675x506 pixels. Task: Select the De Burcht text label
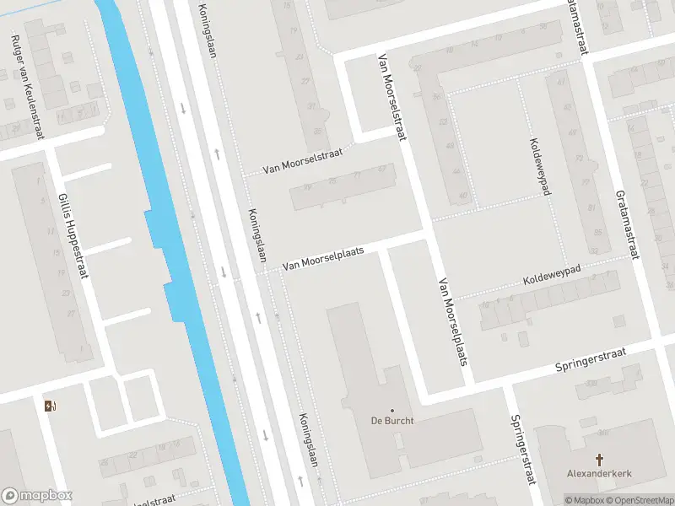click(x=392, y=422)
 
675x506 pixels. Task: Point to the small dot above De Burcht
click(x=392, y=411)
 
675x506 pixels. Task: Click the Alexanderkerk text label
click(x=599, y=474)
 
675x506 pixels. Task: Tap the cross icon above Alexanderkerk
click(x=600, y=460)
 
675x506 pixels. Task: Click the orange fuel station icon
click(x=50, y=406)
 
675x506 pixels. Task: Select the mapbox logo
click(x=37, y=496)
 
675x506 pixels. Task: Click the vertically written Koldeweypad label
click(x=539, y=166)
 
